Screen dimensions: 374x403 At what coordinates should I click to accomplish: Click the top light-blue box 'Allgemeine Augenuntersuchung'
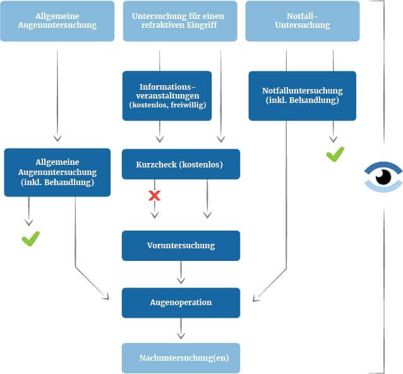pyautogui.click(x=57, y=20)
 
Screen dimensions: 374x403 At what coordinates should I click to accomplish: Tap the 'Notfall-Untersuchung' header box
pyautogui.click(x=302, y=20)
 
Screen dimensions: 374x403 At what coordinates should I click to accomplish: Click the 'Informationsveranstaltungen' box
pyautogui.click(x=167, y=95)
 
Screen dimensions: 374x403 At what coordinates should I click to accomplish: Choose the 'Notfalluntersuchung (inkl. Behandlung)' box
pyautogui.click(x=302, y=95)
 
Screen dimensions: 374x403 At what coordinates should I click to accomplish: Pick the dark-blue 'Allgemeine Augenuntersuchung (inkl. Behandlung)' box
pyautogui.click(x=57, y=172)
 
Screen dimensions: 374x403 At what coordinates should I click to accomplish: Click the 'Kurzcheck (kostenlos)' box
pyautogui.click(x=180, y=164)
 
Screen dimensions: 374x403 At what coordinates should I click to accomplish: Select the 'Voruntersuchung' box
pyautogui.click(x=181, y=245)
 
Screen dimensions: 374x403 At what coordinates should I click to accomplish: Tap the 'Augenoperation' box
pyautogui.click(x=181, y=302)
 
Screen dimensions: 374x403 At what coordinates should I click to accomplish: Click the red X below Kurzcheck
pyautogui.click(x=154, y=195)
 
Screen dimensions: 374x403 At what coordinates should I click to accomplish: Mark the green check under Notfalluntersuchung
pyautogui.click(x=335, y=154)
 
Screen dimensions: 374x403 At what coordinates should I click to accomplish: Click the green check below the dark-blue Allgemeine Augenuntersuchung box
pyautogui.click(x=30, y=238)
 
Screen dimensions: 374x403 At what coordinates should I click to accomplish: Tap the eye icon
pyautogui.click(x=383, y=176)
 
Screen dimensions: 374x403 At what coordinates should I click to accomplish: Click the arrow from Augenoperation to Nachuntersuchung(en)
pyautogui.click(x=181, y=329)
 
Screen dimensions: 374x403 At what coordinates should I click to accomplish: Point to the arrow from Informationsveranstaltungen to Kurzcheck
pyautogui.click(x=160, y=131)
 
